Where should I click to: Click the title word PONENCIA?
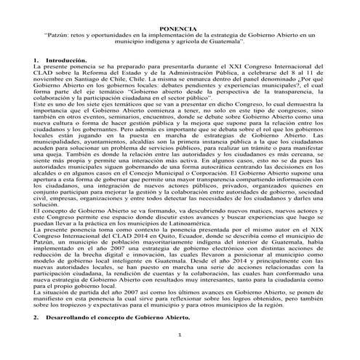(x=180, y=27)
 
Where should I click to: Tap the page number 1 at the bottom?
(x=180, y=334)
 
